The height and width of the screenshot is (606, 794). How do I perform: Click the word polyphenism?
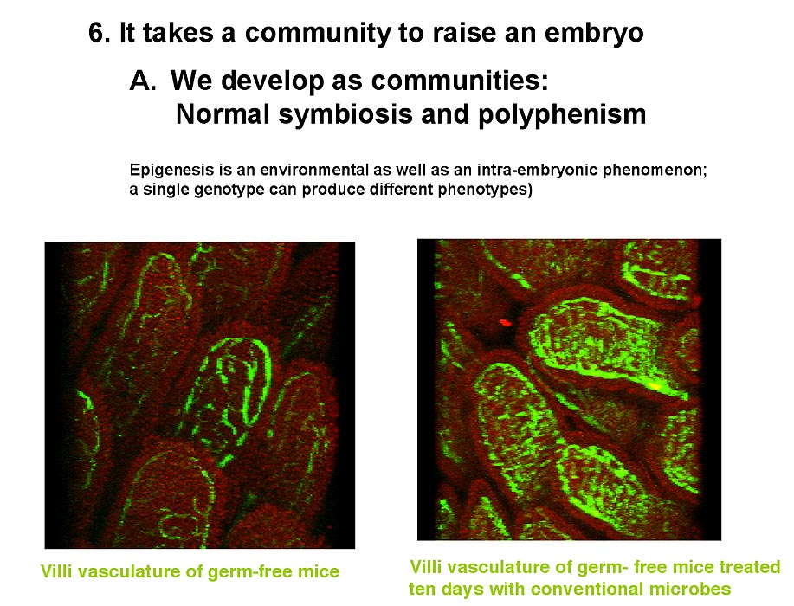point(562,115)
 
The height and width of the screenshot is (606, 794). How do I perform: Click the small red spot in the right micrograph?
point(506,321)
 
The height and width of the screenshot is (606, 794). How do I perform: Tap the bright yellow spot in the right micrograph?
point(655,386)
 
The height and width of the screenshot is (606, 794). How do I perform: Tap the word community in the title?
point(318,35)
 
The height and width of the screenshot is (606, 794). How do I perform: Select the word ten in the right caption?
point(423,590)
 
